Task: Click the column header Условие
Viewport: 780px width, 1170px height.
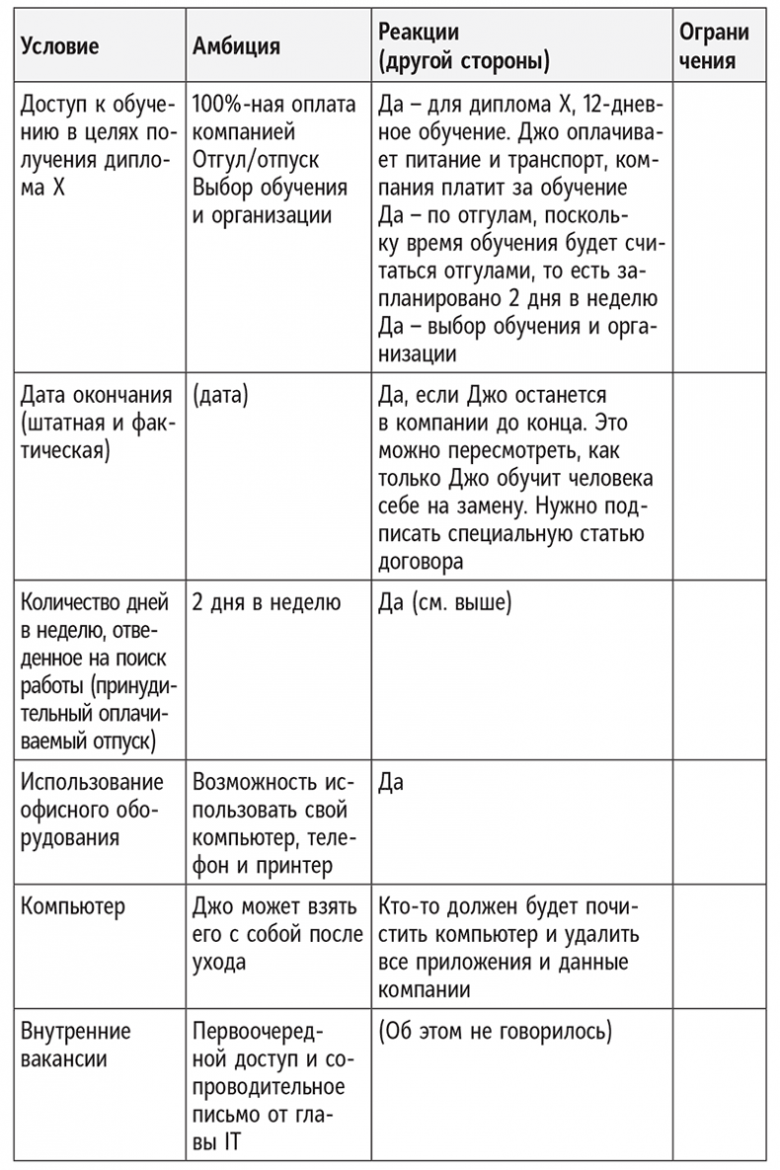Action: [x=60, y=46]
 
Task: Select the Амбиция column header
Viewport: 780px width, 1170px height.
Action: [x=237, y=46]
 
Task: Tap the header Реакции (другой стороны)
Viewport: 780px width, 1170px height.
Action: [x=464, y=46]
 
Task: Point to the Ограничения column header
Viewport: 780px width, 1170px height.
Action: [x=714, y=46]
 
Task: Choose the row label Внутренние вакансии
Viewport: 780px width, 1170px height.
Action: [x=76, y=1046]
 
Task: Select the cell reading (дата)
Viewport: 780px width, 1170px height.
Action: [x=221, y=396]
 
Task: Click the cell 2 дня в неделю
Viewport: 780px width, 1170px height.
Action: [x=267, y=602]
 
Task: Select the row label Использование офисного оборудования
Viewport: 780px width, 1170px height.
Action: [x=91, y=811]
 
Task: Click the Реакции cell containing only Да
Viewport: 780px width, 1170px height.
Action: [x=391, y=784]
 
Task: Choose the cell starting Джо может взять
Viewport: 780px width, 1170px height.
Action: [x=277, y=934]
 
